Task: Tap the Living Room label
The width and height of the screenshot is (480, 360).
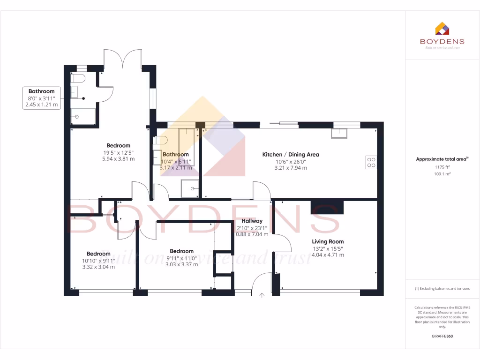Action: (x=328, y=242)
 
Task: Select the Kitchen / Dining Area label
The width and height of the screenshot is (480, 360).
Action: (x=291, y=154)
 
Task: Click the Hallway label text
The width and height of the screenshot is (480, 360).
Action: (x=252, y=221)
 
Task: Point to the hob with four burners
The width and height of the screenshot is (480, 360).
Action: (x=371, y=162)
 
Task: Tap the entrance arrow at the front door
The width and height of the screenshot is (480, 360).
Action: (x=262, y=295)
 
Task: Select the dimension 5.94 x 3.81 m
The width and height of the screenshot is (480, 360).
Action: (x=118, y=159)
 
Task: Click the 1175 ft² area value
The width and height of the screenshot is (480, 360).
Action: (x=442, y=167)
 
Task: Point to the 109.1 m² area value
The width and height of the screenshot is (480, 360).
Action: (x=442, y=174)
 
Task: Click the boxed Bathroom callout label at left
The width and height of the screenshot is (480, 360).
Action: (x=42, y=91)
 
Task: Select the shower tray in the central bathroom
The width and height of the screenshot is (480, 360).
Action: (x=191, y=188)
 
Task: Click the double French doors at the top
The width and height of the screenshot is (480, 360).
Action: (x=122, y=59)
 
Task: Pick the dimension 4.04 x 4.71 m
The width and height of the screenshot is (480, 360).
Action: (x=328, y=255)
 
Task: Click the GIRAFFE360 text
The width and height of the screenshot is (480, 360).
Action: (x=442, y=336)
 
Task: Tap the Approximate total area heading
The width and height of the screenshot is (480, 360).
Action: (x=442, y=159)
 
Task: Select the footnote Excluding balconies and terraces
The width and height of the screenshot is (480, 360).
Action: (x=442, y=289)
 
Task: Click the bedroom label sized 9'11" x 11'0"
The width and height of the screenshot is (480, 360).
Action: (x=181, y=251)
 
